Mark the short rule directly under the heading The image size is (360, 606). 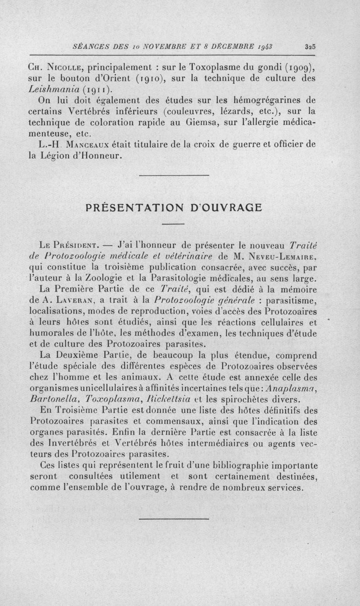[174, 224]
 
